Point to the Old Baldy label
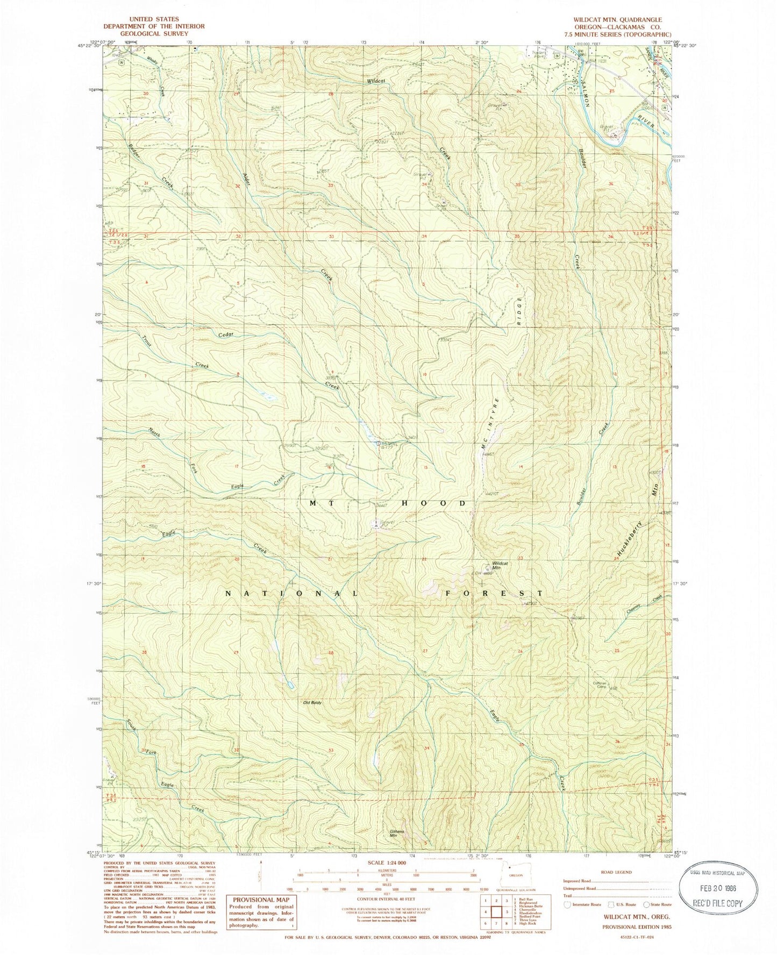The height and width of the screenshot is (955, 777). [x=313, y=702]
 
